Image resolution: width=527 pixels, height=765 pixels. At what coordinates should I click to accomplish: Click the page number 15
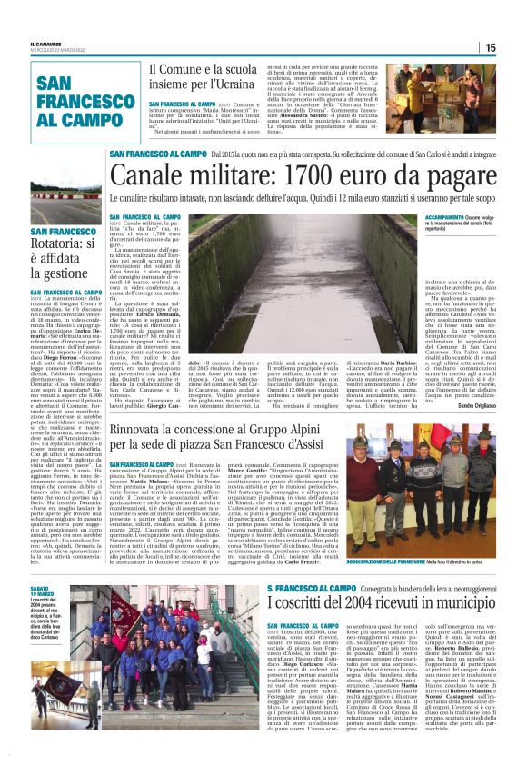tap(514, 48)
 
